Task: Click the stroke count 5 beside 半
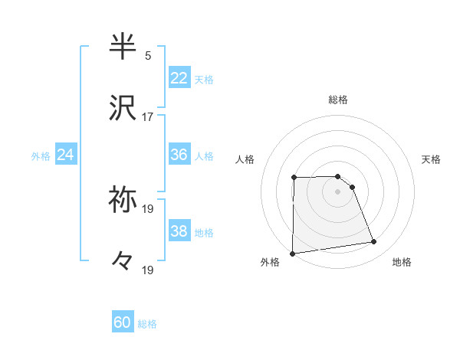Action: click(x=148, y=56)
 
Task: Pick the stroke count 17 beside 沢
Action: click(x=148, y=117)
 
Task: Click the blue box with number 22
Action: click(x=179, y=78)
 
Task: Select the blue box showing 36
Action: click(x=179, y=155)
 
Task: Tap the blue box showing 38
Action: click(x=179, y=231)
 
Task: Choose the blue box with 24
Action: click(x=66, y=155)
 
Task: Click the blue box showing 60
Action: click(x=123, y=323)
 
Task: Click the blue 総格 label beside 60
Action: click(x=147, y=324)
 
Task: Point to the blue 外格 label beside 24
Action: click(x=41, y=155)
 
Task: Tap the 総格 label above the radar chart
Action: click(x=338, y=100)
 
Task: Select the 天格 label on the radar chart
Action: click(x=431, y=159)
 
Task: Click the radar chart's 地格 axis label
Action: click(x=402, y=262)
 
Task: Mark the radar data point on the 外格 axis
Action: click(x=292, y=254)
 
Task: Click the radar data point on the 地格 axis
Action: click(x=374, y=242)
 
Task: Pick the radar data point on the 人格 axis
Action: click(x=294, y=178)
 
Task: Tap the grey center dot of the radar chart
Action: click(x=338, y=191)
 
